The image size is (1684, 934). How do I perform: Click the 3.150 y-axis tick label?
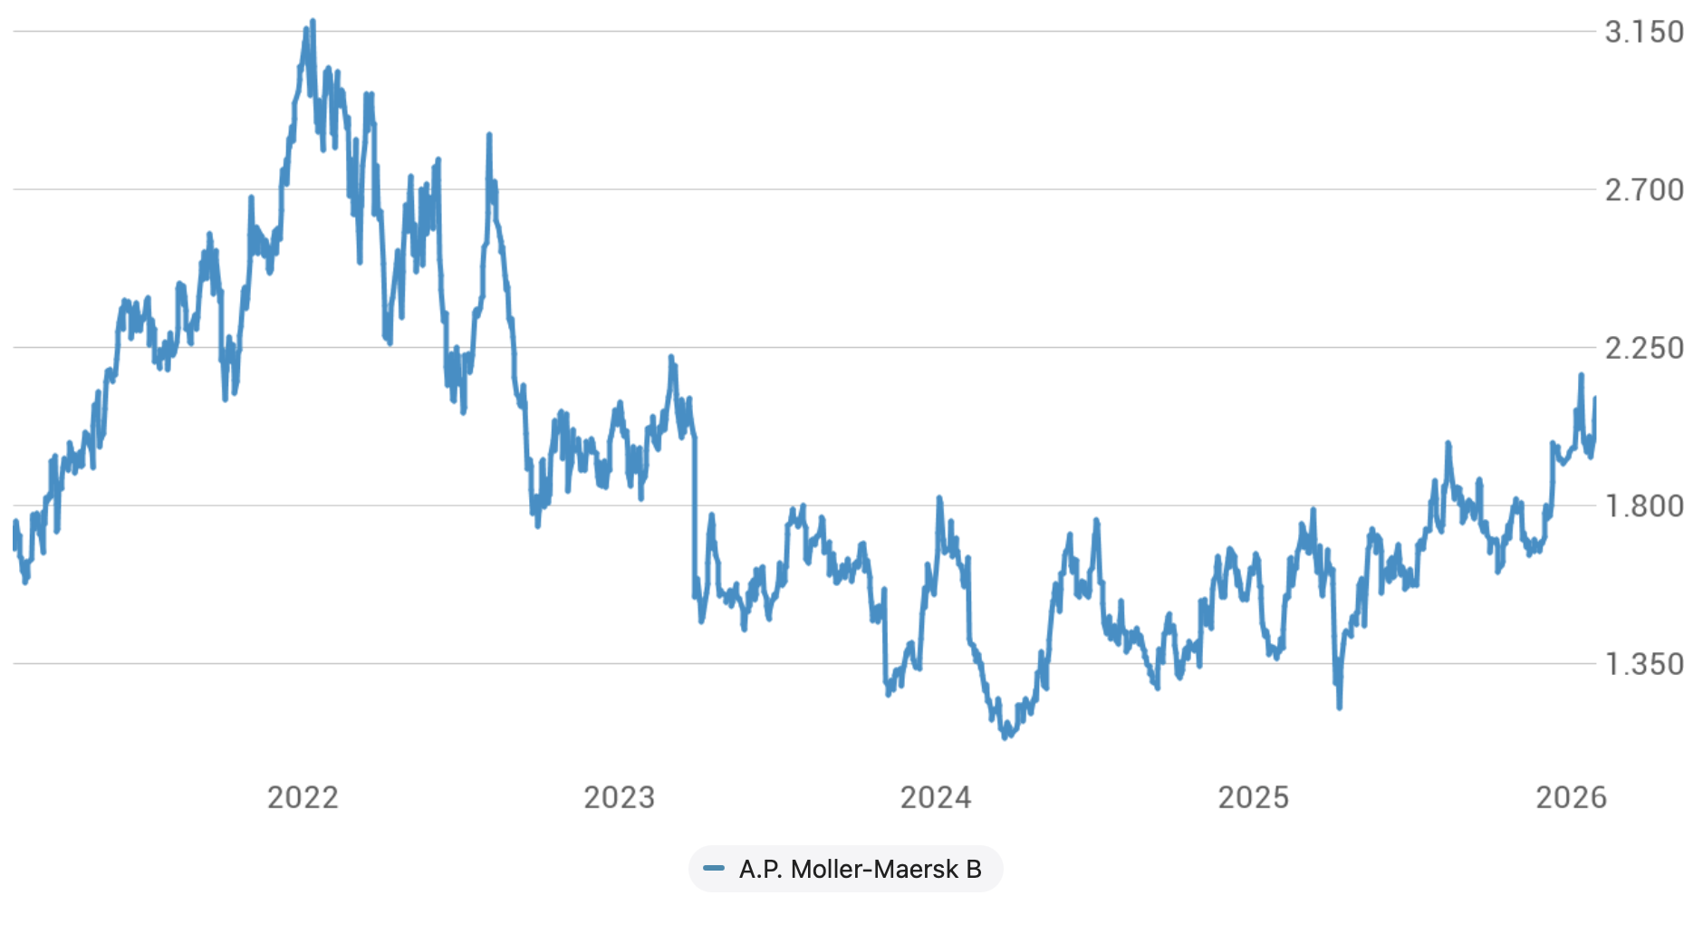1643,32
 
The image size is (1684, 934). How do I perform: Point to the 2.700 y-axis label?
1643,190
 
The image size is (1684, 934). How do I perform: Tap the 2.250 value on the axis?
1643,348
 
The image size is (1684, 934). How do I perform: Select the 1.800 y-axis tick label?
1643,506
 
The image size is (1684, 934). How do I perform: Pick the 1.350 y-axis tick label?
1643,664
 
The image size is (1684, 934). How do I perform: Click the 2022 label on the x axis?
303,797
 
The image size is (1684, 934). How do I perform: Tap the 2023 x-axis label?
619,797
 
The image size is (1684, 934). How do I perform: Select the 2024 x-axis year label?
936,797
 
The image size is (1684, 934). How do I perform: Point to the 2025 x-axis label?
1253,797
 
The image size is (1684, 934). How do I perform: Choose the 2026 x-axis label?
1571,797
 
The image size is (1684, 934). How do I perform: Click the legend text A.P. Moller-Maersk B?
860,870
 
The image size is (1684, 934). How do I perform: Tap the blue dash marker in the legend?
714,869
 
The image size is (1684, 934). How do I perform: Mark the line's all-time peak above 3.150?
313,20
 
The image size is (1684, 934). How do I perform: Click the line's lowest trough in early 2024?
1005,737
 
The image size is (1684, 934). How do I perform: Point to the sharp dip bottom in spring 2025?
1339,708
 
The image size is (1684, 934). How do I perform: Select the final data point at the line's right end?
1594,398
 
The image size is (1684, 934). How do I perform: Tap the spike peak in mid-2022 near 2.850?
489,135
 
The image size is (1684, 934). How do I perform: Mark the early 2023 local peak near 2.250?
671,357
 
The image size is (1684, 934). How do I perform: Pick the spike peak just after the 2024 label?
939,497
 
